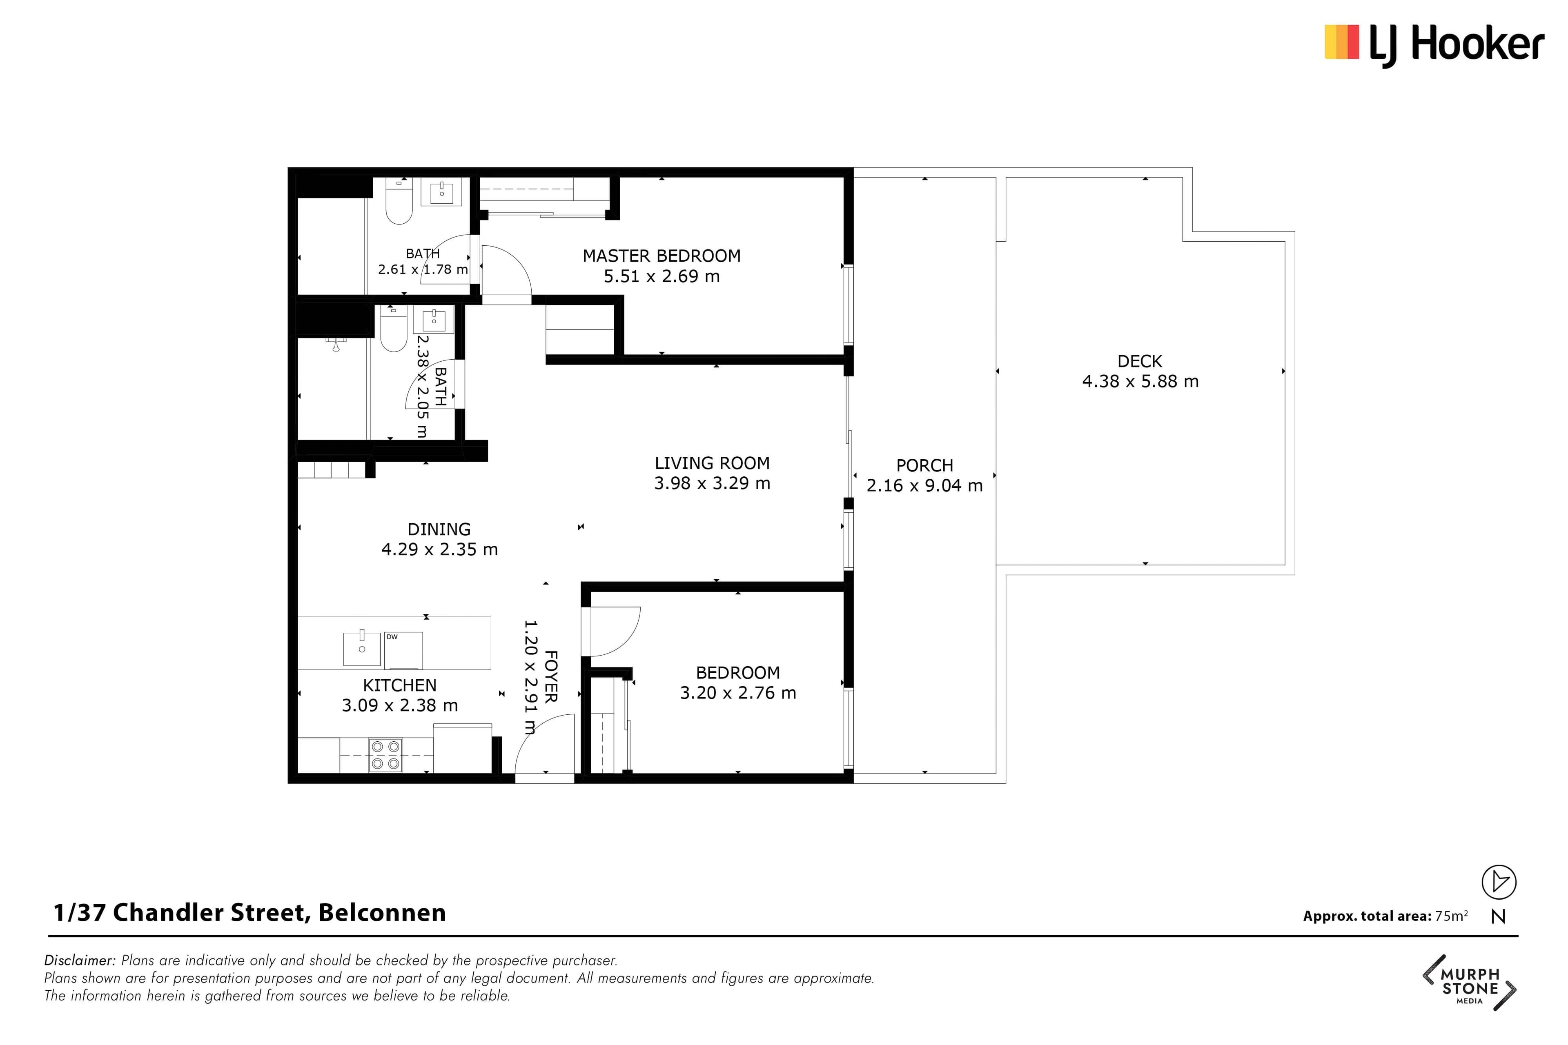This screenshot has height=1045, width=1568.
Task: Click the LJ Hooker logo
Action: (x=1434, y=45)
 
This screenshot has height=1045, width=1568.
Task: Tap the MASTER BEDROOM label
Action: (x=661, y=256)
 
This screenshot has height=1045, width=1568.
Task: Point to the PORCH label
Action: (x=924, y=465)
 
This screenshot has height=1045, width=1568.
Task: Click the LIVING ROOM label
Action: (x=712, y=463)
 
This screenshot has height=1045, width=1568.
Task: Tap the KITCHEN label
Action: (x=400, y=685)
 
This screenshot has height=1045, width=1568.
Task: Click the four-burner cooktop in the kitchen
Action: (x=385, y=755)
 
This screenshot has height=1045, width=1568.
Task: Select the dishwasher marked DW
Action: (x=403, y=650)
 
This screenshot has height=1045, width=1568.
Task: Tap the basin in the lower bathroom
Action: (x=434, y=319)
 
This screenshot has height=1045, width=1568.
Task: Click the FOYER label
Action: (x=551, y=676)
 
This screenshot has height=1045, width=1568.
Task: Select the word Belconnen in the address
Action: (x=382, y=912)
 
